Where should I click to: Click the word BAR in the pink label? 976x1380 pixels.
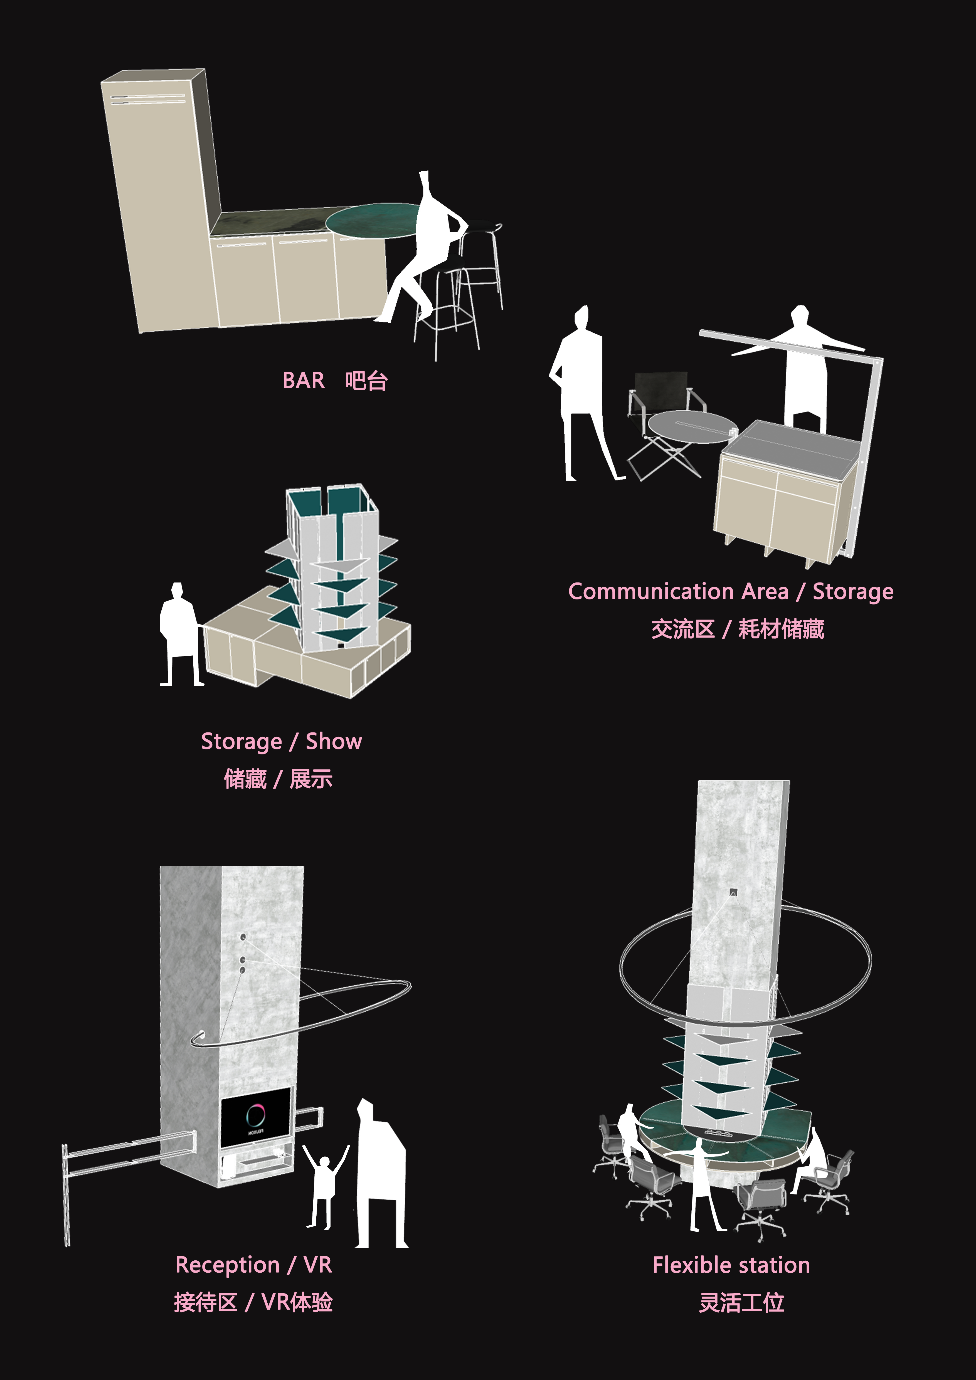(x=304, y=381)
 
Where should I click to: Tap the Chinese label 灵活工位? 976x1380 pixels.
(x=742, y=1302)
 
